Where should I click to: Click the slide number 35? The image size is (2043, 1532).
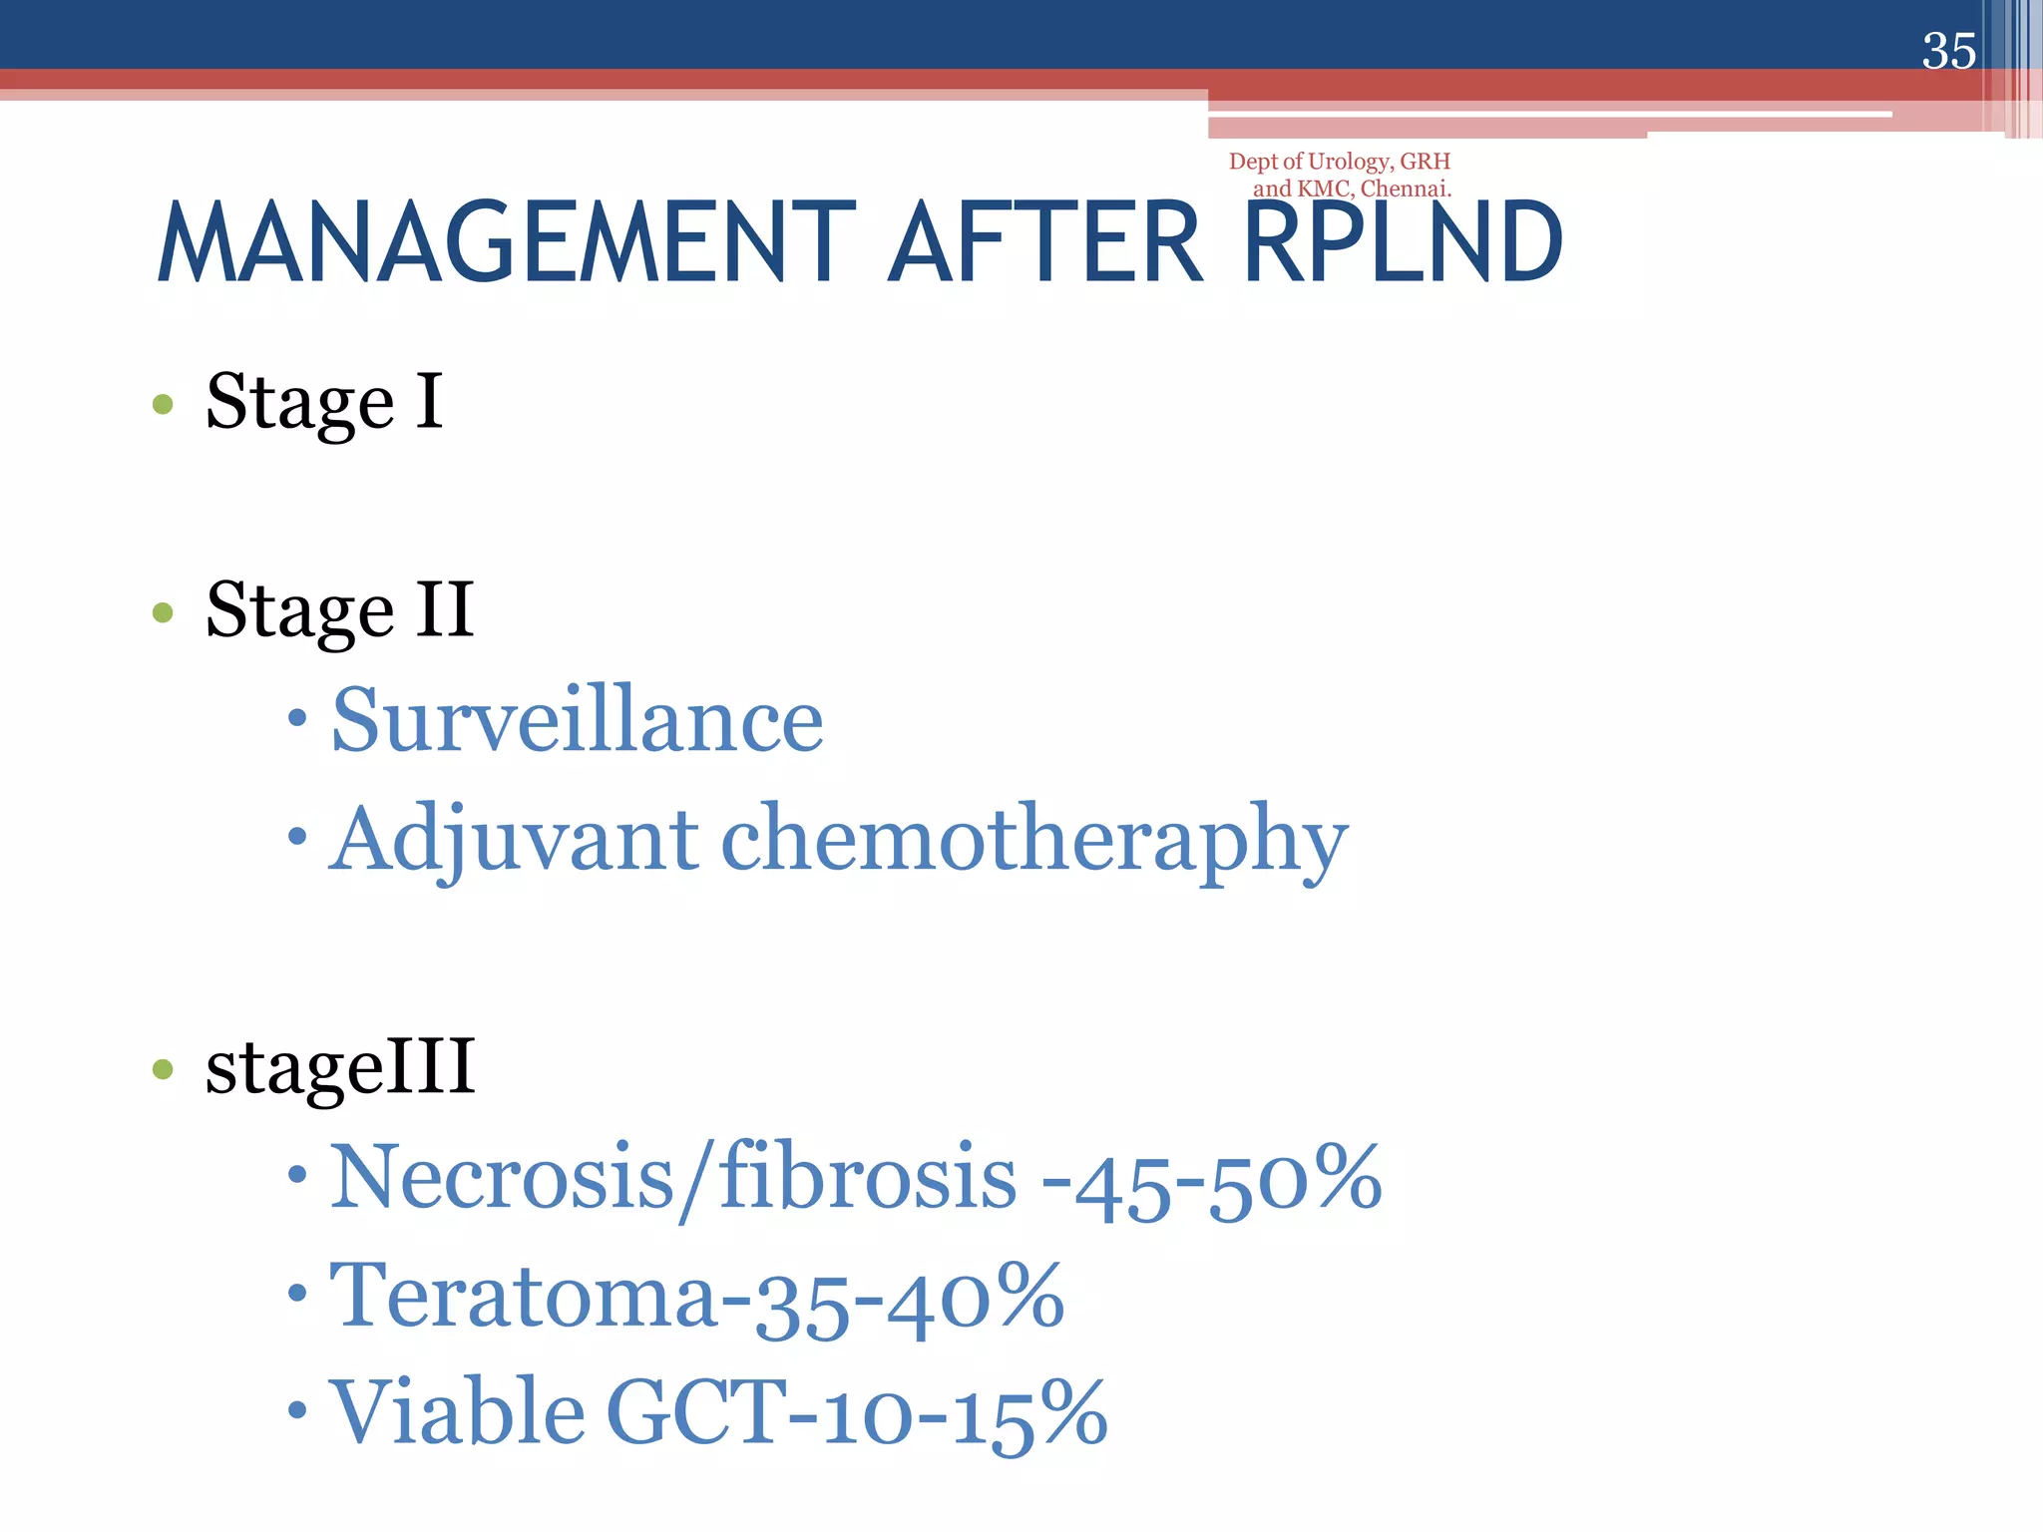tap(1948, 51)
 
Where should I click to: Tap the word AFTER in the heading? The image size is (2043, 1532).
tap(1046, 243)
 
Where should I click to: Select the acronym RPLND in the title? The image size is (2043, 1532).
tap(1403, 243)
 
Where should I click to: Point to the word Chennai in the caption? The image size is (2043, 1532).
tap(1406, 189)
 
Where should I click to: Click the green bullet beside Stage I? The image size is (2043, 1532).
tap(163, 405)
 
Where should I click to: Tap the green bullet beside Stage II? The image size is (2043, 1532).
tap(163, 611)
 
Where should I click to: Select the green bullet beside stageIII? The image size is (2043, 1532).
tap(163, 1070)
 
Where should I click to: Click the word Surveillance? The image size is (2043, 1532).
tap(577, 720)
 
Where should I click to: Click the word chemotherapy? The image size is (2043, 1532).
tap(1033, 840)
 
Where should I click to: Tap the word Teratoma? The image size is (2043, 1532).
tap(523, 1297)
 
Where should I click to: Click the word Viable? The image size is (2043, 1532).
tap(457, 1412)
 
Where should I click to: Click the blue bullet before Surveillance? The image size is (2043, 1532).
tap(296, 718)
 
